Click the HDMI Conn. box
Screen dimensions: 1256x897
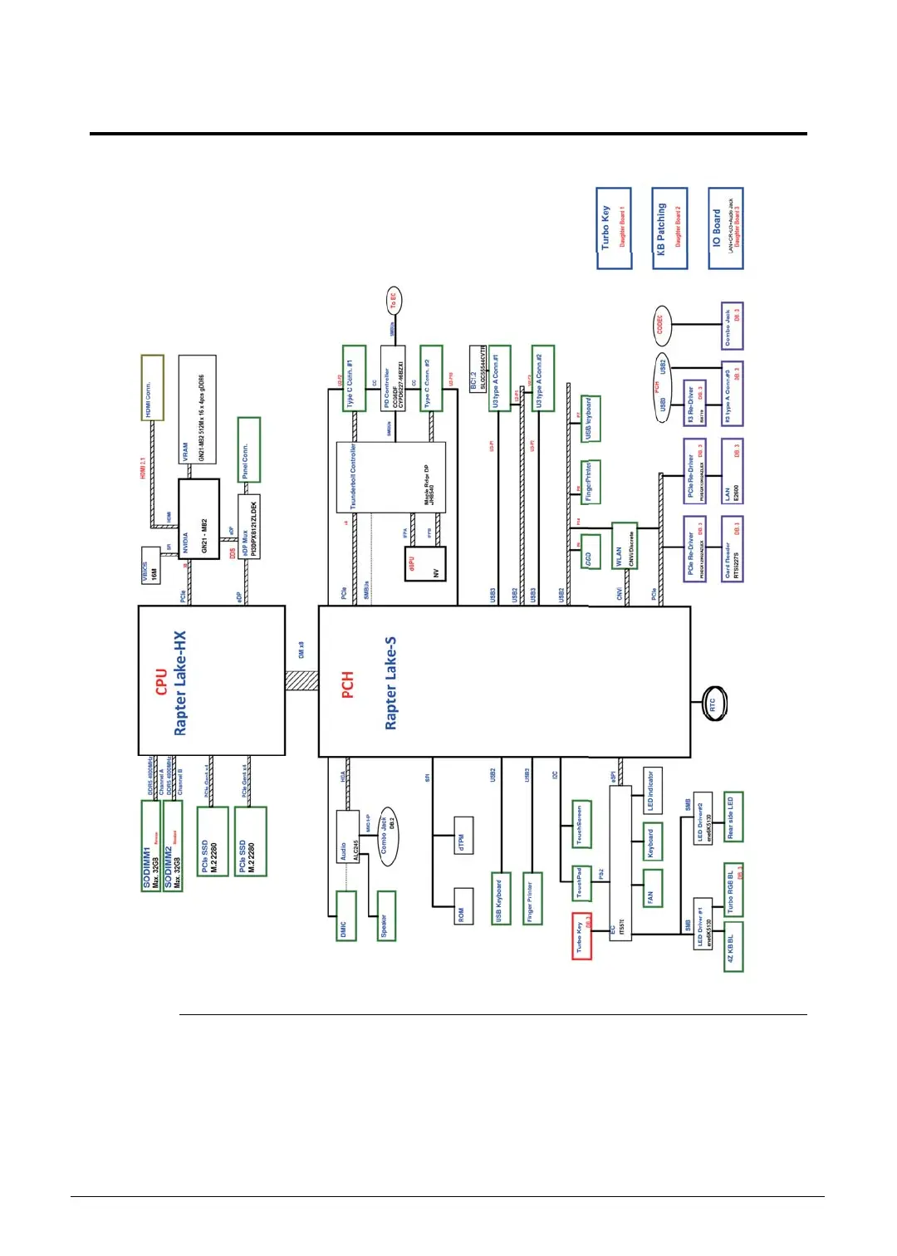(x=152, y=387)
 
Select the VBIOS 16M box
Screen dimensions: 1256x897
(x=150, y=565)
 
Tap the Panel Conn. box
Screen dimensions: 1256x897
(x=248, y=449)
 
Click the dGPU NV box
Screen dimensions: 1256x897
(x=425, y=565)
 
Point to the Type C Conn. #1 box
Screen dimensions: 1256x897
(x=354, y=379)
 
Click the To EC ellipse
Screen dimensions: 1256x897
(x=393, y=301)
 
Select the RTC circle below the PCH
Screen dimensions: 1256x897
(x=713, y=704)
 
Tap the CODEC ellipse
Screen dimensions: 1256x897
(x=660, y=324)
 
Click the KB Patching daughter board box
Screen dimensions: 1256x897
(x=669, y=228)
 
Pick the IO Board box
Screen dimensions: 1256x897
(x=725, y=228)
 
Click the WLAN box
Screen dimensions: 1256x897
(x=624, y=545)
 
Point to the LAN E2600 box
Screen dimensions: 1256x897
(x=732, y=472)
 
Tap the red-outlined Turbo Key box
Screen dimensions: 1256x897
(x=581, y=936)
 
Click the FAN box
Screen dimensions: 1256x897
(x=652, y=889)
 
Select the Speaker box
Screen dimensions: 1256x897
(x=386, y=915)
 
